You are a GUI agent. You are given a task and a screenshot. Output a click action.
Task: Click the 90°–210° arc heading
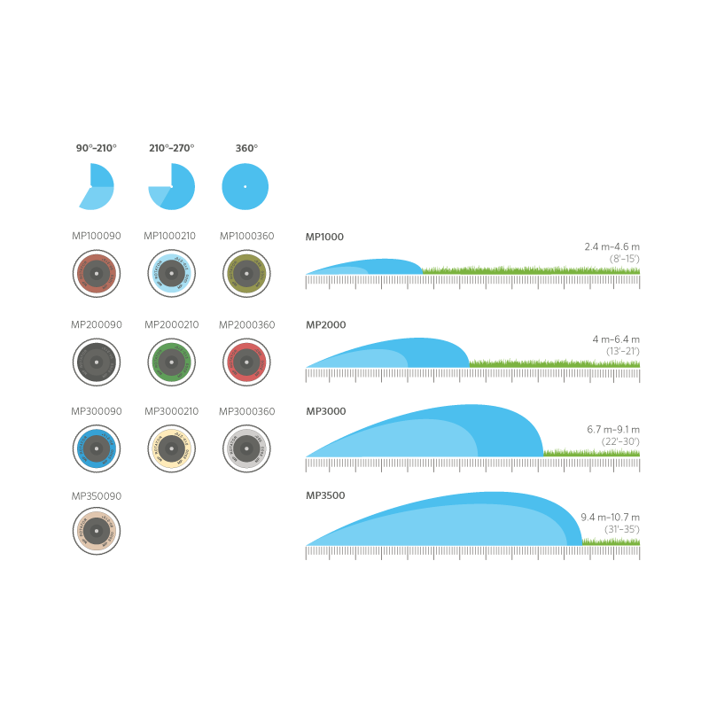[x=96, y=148]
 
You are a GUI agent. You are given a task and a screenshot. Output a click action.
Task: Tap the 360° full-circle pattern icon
[x=245, y=186]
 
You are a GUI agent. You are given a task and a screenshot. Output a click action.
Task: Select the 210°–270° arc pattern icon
[x=171, y=186]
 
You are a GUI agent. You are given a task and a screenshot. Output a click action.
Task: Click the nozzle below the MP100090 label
[x=96, y=273]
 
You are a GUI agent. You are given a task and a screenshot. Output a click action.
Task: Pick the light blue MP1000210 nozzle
[x=171, y=273]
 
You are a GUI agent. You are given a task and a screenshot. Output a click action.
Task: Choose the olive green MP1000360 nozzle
[x=246, y=273]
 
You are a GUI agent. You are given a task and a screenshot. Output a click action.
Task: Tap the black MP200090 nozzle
[x=96, y=361]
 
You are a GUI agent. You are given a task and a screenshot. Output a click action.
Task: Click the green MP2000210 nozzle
[x=171, y=361]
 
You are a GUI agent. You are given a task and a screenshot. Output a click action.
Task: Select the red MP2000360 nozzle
[x=246, y=361]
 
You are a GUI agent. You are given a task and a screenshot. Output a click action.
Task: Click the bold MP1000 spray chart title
[x=324, y=237]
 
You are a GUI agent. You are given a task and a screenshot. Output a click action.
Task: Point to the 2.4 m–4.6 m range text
[x=612, y=245]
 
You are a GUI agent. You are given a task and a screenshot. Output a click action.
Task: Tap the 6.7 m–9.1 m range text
[x=612, y=429]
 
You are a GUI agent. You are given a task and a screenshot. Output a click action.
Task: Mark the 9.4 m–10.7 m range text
[x=610, y=517]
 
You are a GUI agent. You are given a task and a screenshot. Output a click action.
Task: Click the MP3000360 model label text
[x=246, y=411]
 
